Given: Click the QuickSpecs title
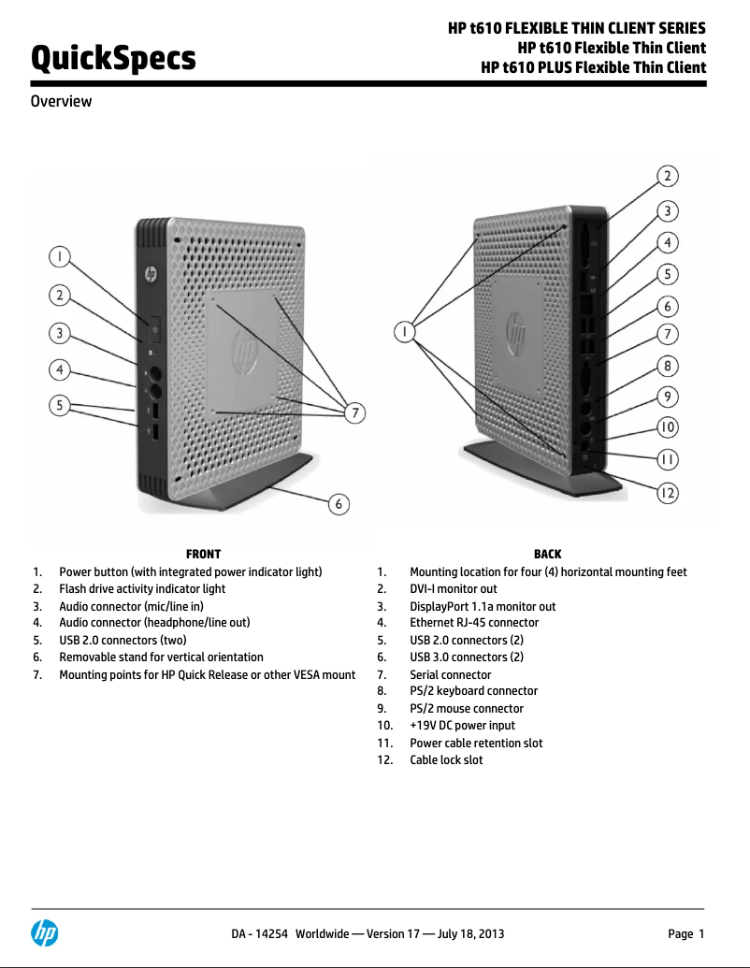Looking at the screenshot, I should click(x=113, y=59).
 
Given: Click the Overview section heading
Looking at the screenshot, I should click(x=62, y=101).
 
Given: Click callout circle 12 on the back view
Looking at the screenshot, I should click(x=667, y=492).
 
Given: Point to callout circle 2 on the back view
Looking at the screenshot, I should click(x=667, y=176).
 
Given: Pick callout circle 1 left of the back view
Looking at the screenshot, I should click(x=404, y=331).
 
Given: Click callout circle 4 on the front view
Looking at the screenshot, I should click(x=60, y=370).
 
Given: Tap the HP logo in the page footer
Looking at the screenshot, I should click(x=44, y=932).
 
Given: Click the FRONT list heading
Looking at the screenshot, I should click(x=203, y=555).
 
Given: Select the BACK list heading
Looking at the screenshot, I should click(x=547, y=555).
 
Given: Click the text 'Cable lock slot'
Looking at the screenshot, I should click(x=446, y=760).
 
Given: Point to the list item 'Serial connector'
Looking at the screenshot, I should click(x=450, y=674).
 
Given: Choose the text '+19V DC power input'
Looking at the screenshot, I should click(x=462, y=726).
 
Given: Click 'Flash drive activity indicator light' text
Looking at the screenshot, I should click(x=142, y=589).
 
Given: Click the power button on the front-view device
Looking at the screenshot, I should click(x=155, y=328).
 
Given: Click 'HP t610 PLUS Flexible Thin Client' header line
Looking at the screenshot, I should click(x=593, y=67).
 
